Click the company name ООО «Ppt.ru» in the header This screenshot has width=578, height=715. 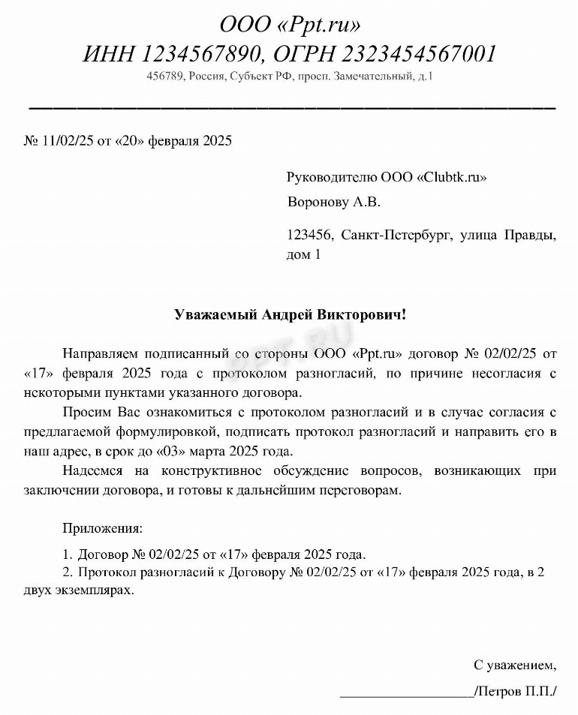pyautogui.click(x=290, y=25)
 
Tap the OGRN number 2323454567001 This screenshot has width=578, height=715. pyautogui.click(x=420, y=54)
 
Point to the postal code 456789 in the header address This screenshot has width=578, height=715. pyautogui.click(x=167, y=77)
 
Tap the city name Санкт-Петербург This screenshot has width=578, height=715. pyautogui.click(x=396, y=236)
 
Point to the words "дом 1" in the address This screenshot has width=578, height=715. pyautogui.click(x=304, y=254)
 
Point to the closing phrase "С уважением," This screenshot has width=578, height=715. pyautogui.click(x=515, y=665)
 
